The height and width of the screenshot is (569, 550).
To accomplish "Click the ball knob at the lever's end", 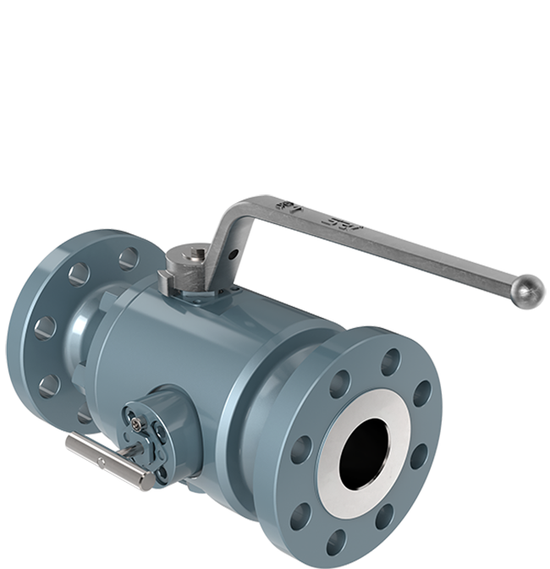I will (x=531, y=291).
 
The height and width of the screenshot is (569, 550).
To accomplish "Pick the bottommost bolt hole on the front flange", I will (x=337, y=538).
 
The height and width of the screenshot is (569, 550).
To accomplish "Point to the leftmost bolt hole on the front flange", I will (x=302, y=451).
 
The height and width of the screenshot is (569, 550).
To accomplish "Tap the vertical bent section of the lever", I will (x=224, y=233).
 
